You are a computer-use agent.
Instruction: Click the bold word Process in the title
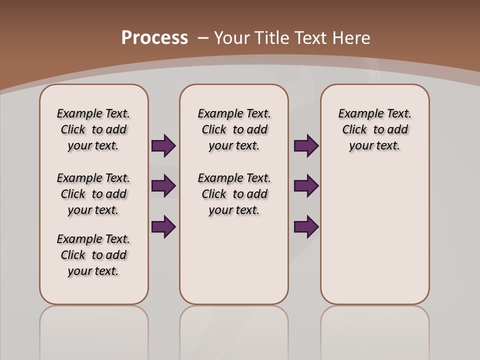tap(154, 38)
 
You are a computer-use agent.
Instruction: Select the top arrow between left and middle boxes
tap(163, 145)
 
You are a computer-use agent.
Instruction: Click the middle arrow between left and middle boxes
tap(163, 186)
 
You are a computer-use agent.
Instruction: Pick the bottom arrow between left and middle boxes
tap(163, 226)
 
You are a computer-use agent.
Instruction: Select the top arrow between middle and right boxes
tap(306, 145)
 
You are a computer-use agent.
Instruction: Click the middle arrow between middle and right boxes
tap(306, 186)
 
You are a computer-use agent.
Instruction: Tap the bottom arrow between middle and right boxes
tap(306, 226)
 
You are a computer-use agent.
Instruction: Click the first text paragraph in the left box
tap(93, 129)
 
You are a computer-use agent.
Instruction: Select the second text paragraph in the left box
tap(93, 194)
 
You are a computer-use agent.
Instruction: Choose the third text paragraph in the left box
tap(93, 255)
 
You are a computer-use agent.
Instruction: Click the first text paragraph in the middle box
tap(234, 129)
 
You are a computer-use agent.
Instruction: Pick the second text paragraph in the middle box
tap(234, 194)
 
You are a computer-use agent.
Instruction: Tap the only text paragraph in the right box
tap(375, 129)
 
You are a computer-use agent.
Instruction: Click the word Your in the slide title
tap(232, 38)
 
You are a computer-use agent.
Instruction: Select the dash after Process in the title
tap(202, 38)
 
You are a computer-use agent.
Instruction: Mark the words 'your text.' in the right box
tap(375, 146)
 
